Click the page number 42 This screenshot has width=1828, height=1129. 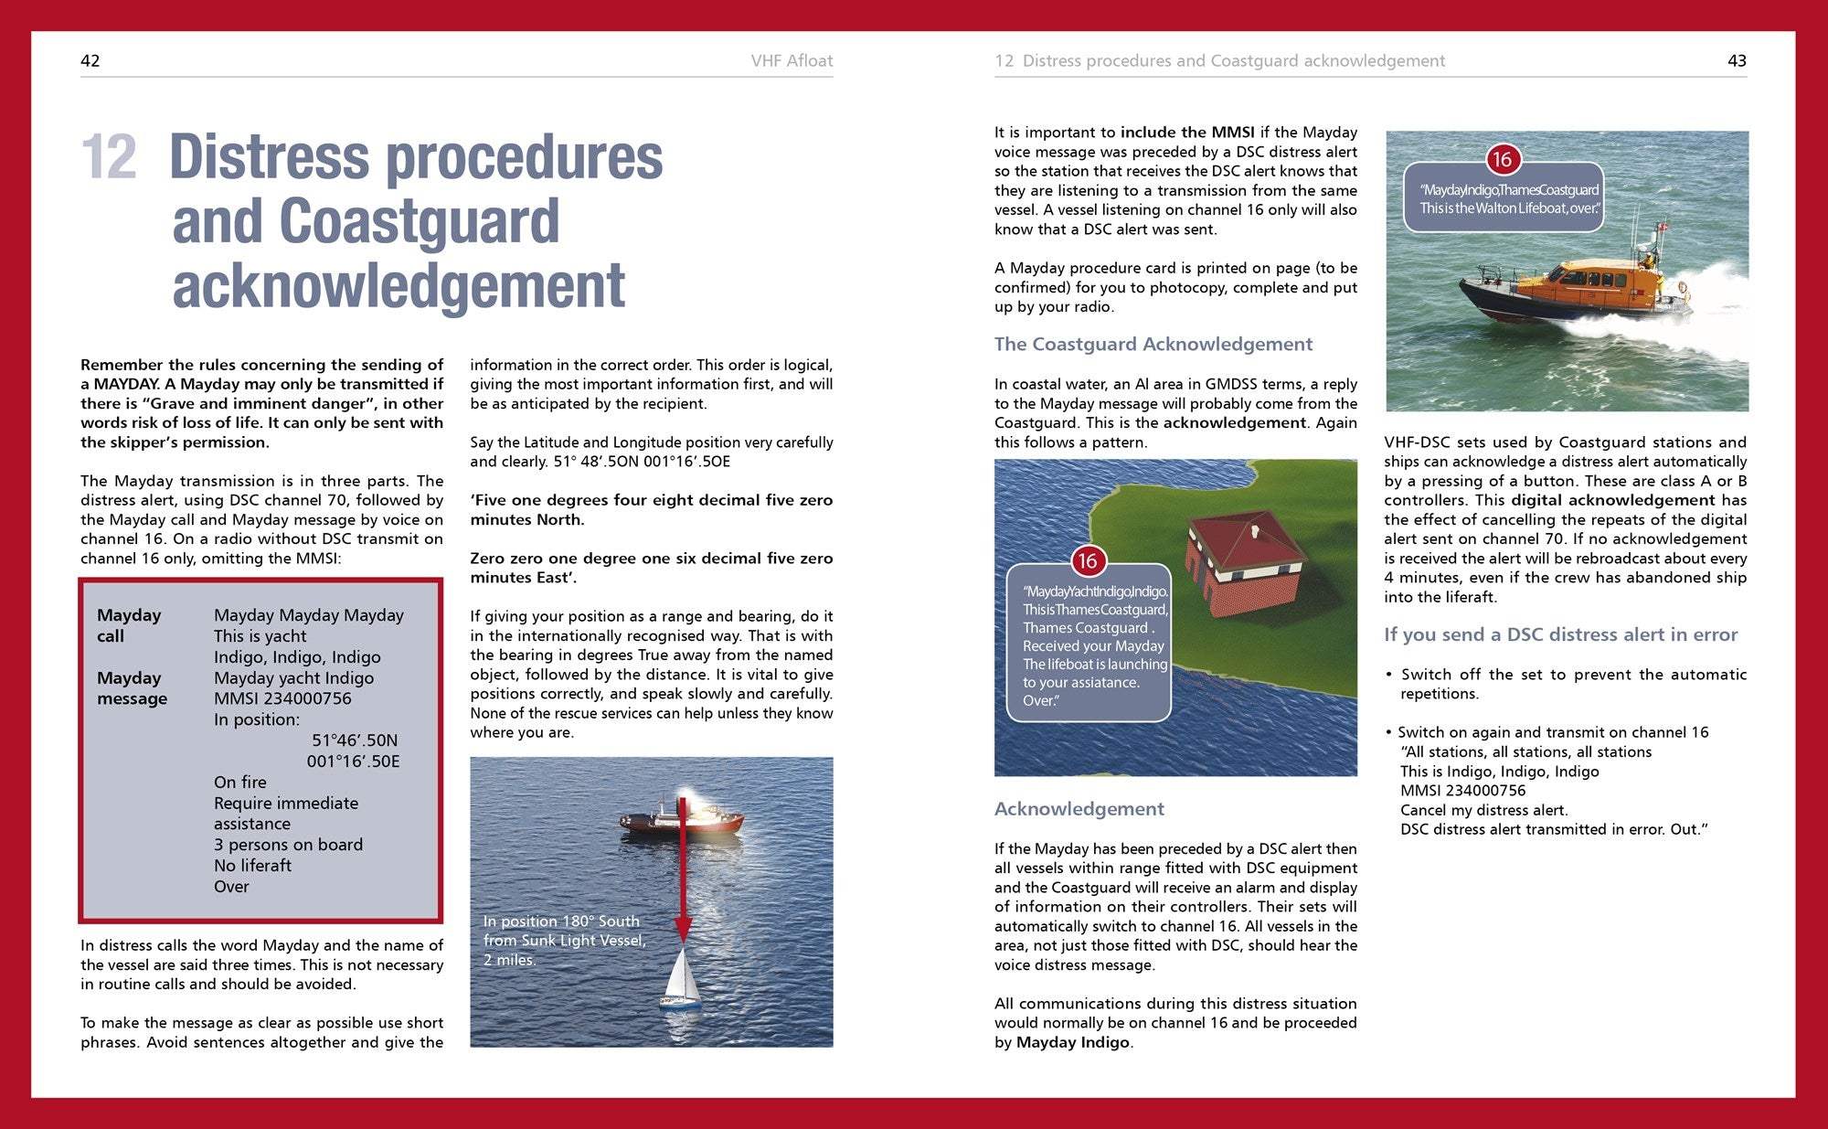pyautogui.click(x=90, y=61)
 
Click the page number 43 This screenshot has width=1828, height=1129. pyautogui.click(x=1737, y=61)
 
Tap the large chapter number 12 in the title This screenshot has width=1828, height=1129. pyautogui.click(x=109, y=157)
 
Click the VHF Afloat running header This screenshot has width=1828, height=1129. pyautogui.click(x=792, y=61)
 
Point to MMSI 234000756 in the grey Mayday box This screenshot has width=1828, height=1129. pyautogui.click(x=282, y=698)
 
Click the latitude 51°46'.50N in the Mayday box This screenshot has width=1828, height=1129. pyautogui.click(x=355, y=740)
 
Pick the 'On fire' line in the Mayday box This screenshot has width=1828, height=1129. pyautogui.click(x=240, y=783)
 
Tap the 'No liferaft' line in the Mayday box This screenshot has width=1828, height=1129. pyautogui.click(x=252, y=866)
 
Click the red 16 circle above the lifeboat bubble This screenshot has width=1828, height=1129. pyautogui.click(x=1502, y=160)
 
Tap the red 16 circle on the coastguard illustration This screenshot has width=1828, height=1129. pyautogui.click(x=1087, y=561)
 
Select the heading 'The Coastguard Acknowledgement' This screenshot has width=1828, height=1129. pyautogui.click(x=1153, y=345)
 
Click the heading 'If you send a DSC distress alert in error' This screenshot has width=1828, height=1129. pyautogui.click(x=1560, y=635)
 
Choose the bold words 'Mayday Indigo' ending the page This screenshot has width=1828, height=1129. pyautogui.click(x=1072, y=1042)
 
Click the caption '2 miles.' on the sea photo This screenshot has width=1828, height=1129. pyautogui.click(x=509, y=960)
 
